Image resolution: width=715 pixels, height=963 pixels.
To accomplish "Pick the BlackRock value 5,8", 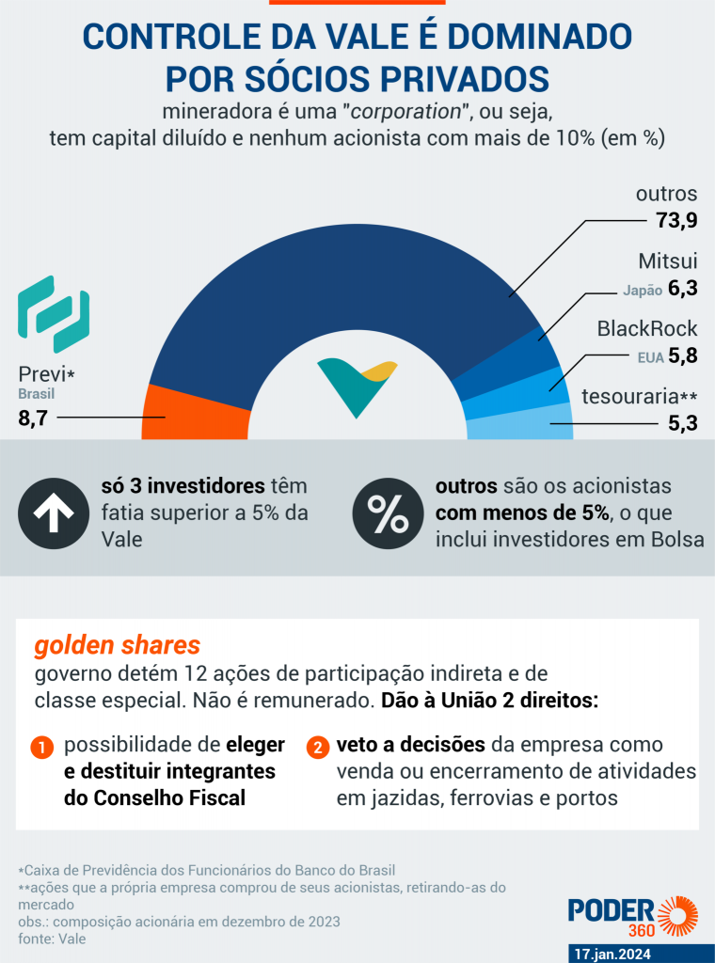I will coord(681,356).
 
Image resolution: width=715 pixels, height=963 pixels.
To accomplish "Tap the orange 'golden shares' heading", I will coord(117,646).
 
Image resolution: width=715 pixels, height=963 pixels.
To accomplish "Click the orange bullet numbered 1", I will coord(42,749).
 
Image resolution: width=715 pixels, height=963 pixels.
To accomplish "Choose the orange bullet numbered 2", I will coord(318,749).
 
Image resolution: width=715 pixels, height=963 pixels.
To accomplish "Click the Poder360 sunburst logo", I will coord(676,915).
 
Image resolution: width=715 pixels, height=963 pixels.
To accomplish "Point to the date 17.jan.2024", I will coord(625,953).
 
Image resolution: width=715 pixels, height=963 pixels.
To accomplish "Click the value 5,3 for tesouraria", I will coord(681,423).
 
